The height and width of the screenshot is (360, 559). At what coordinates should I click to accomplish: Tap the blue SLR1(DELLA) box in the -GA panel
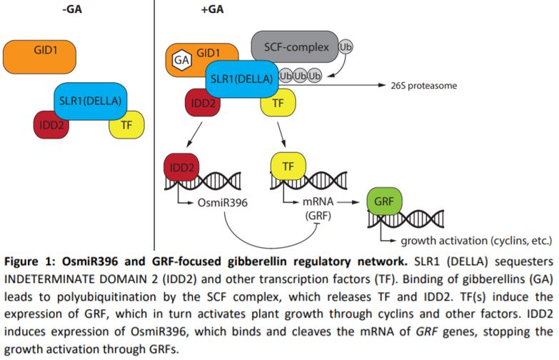click(x=89, y=101)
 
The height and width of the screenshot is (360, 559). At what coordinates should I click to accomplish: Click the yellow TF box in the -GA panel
click(x=126, y=125)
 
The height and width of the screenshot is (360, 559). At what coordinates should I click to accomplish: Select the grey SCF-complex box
click(x=295, y=46)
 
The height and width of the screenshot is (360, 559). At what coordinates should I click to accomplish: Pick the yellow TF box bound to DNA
click(x=289, y=166)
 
